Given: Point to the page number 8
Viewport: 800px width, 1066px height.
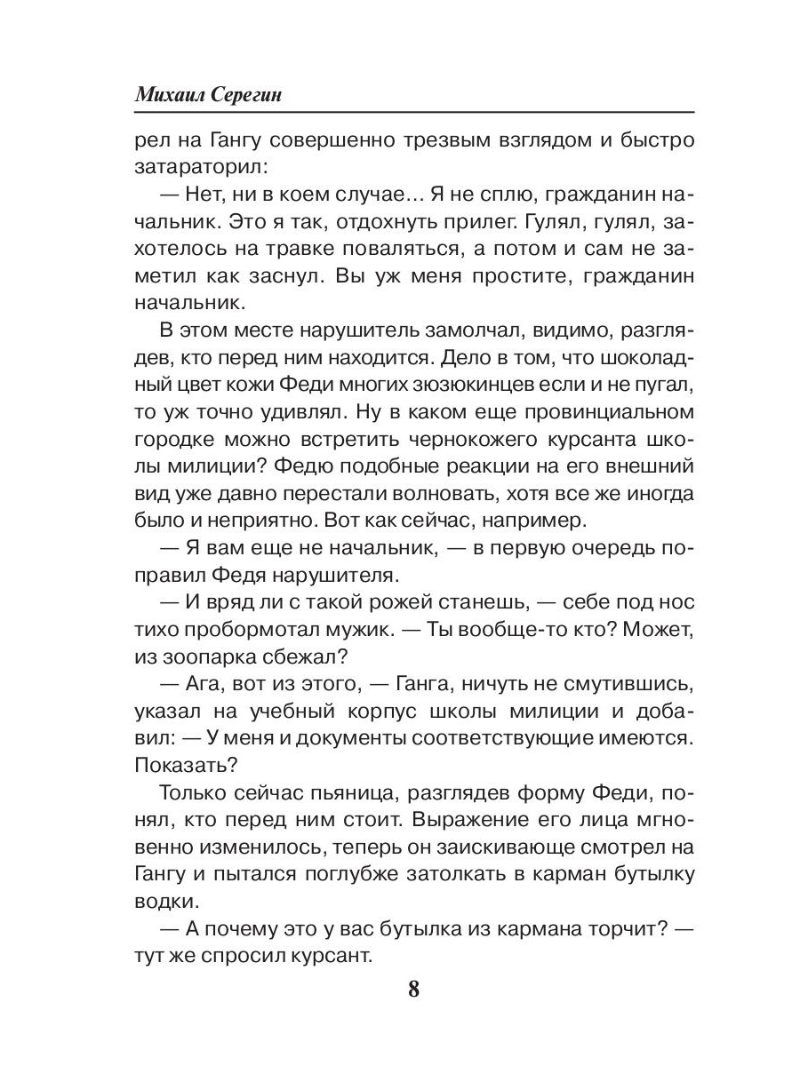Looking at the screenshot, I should [412, 989].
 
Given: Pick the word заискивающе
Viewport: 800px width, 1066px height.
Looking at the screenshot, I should [501, 847].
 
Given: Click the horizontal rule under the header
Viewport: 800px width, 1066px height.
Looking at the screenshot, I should [412, 113].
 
